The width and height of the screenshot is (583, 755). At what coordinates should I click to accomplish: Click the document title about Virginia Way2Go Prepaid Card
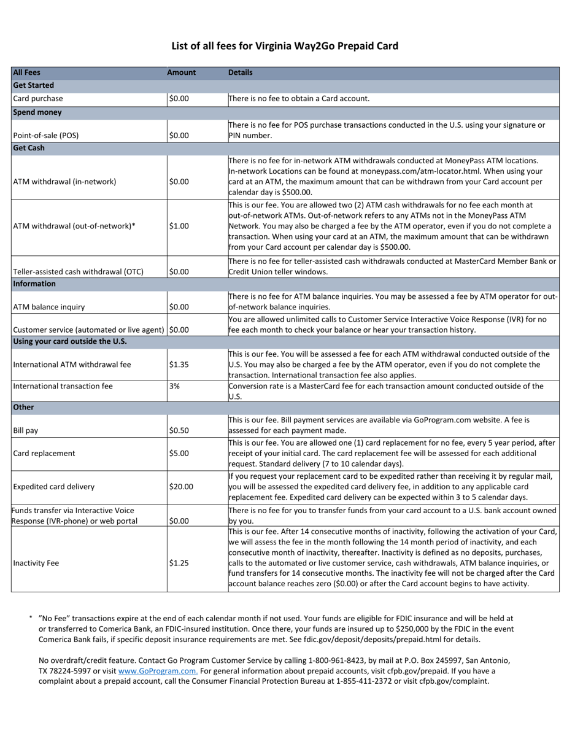(x=285, y=46)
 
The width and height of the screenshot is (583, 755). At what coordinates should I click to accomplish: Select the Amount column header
(x=181, y=72)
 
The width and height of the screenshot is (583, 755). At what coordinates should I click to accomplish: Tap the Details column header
(x=240, y=72)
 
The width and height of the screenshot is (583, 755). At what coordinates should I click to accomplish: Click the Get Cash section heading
(x=29, y=148)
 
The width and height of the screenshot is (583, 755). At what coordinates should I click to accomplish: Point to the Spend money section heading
(x=37, y=112)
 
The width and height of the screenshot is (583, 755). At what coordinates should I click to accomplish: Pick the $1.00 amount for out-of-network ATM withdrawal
(x=179, y=226)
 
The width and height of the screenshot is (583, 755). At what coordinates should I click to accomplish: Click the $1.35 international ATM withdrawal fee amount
(x=179, y=365)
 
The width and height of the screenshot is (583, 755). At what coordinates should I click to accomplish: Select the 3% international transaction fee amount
(x=174, y=387)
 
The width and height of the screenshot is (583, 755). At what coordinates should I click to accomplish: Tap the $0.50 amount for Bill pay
(x=179, y=431)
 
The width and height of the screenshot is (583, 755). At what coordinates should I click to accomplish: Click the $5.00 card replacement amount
(x=179, y=454)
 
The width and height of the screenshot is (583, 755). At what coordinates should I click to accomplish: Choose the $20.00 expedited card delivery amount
(x=181, y=487)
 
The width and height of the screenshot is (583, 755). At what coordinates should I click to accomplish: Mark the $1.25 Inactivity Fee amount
(x=179, y=563)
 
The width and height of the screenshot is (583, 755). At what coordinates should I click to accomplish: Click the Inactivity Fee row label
(x=36, y=563)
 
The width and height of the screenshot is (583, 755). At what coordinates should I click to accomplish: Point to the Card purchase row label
(x=37, y=99)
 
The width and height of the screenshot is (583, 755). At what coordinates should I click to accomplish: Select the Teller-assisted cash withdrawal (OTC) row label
(x=78, y=272)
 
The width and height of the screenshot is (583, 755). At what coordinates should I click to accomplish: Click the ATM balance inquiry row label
(x=49, y=307)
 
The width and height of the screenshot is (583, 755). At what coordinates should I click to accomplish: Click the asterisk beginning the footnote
(x=31, y=619)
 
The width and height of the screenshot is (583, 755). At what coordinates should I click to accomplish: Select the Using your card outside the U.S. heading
(x=69, y=341)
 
